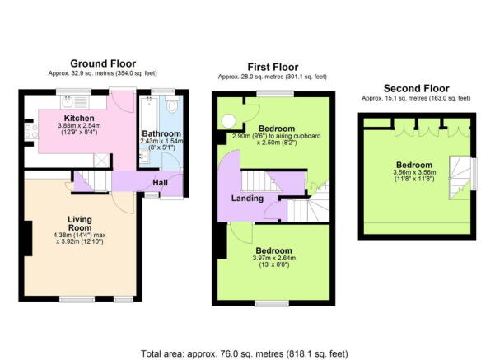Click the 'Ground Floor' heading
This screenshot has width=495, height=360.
pos(103,63)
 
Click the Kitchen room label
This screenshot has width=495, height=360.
pos(80,118)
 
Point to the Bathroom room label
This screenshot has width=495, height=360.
pos(161,133)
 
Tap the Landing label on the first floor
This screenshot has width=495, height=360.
pos(247,198)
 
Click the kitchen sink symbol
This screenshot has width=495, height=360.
pos(68,102)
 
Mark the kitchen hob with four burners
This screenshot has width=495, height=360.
pos(31,130)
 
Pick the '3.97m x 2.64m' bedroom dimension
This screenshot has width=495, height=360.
pos(273,259)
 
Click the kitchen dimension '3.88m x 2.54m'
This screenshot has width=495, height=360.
pos(80,126)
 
